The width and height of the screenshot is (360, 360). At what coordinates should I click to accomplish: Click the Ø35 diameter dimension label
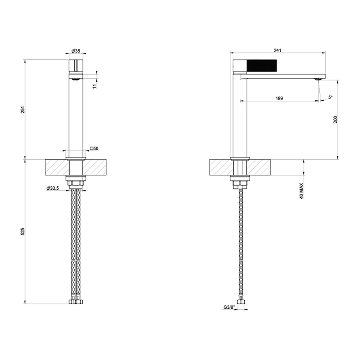76,51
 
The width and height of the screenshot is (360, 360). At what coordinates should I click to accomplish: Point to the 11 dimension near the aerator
95,85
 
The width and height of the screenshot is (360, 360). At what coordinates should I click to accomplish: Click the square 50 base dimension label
94,149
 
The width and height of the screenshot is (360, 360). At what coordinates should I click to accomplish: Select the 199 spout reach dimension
279,98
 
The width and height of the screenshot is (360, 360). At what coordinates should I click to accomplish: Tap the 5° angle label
330,97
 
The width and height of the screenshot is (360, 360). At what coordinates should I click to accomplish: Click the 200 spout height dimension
335,119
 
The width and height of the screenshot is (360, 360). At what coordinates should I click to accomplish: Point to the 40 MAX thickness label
302,191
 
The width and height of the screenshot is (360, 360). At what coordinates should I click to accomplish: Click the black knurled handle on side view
262,66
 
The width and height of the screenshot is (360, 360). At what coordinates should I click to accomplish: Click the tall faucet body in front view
76,114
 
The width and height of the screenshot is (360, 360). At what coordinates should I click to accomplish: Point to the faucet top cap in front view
76,66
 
